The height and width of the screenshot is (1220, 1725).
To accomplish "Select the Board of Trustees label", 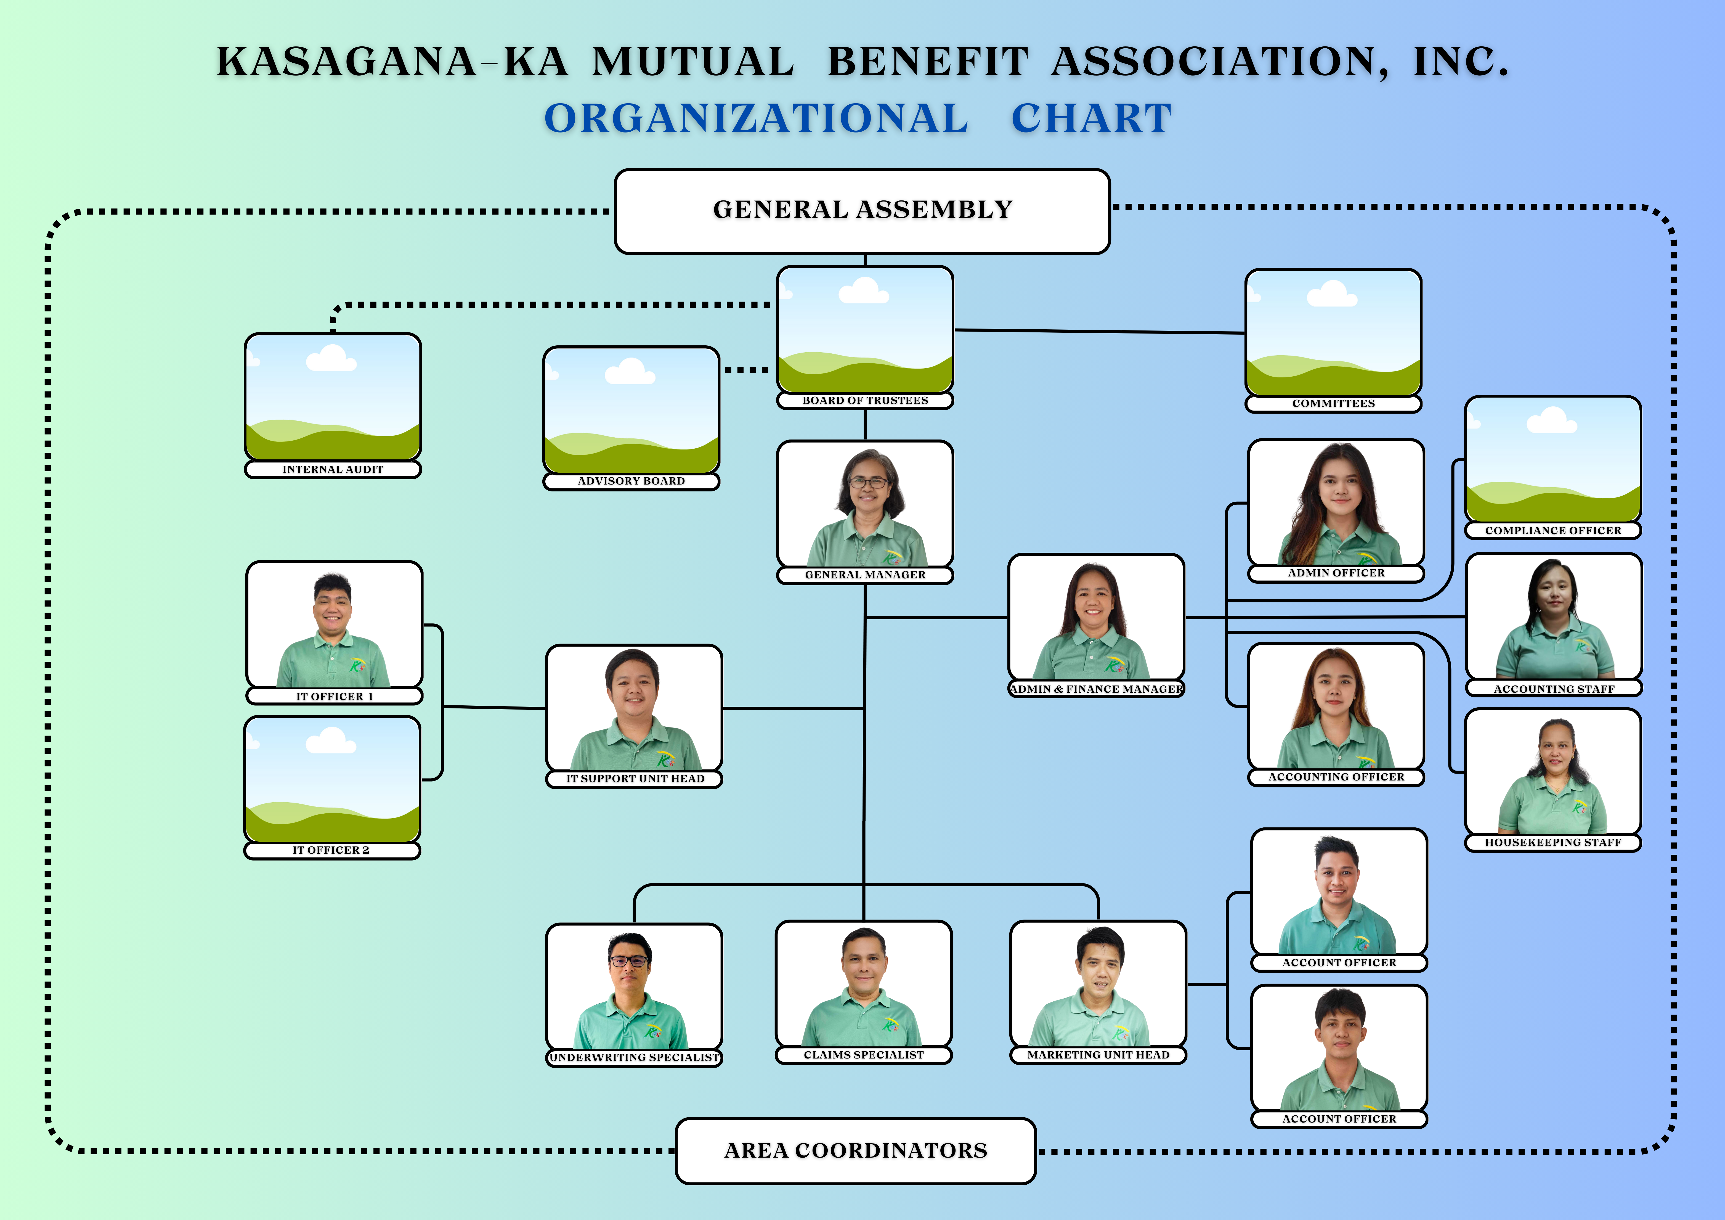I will pyautogui.click(x=865, y=401).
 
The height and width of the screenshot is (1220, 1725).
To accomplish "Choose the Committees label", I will pyautogui.click(x=1333, y=404).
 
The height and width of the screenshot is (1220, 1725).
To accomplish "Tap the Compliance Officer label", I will pyautogui.click(x=1553, y=531).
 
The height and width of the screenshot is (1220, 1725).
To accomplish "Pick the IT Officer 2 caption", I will pyautogui.click(x=331, y=850).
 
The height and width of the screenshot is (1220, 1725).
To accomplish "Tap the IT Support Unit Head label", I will pyautogui.click(x=635, y=779).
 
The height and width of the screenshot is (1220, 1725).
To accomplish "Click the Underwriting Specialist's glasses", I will pyautogui.click(x=630, y=961).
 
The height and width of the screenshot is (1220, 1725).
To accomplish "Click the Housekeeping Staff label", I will pyautogui.click(x=1553, y=843).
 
